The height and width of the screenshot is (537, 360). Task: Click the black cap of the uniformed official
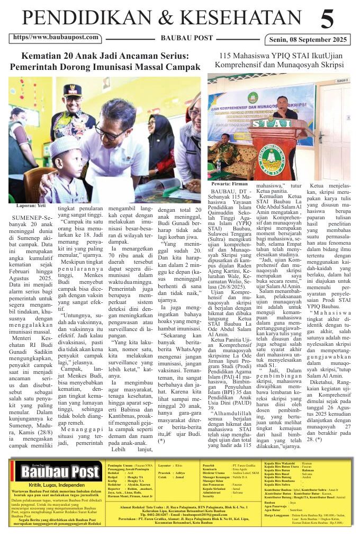click(73, 89)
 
